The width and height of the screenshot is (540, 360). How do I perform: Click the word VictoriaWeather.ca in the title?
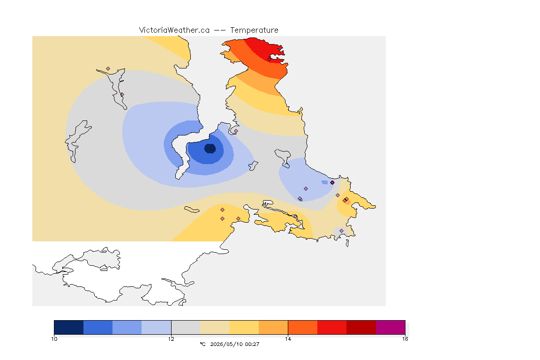[174, 30]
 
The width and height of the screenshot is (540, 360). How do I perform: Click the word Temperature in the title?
[254, 30]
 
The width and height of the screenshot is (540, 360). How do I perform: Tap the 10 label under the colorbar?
[54, 339]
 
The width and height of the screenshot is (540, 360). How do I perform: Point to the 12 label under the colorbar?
[171, 339]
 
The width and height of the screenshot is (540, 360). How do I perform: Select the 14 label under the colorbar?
[288, 339]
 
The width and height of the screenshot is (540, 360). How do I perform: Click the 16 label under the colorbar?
[405, 339]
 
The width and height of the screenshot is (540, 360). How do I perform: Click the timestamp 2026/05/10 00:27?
[235, 344]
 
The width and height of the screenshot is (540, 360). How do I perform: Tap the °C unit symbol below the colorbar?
[202, 344]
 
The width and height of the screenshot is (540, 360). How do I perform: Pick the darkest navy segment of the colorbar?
[69, 327]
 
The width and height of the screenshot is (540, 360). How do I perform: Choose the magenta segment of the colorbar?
[390, 327]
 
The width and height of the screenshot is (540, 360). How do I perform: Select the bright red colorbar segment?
[332, 327]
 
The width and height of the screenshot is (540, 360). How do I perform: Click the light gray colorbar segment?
[186, 327]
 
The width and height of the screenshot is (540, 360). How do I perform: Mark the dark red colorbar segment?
[361, 327]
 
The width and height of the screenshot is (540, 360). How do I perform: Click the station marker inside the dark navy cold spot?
[212, 149]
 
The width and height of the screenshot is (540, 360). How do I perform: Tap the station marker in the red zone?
[270, 59]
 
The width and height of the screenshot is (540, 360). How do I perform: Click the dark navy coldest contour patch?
[210, 149]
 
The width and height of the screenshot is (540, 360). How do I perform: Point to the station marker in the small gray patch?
[341, 231]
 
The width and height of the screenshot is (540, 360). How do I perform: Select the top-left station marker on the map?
[108, 69]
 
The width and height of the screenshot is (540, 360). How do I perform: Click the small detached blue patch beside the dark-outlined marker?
[324, 182]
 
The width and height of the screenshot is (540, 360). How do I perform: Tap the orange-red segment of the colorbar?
[302, 327]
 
